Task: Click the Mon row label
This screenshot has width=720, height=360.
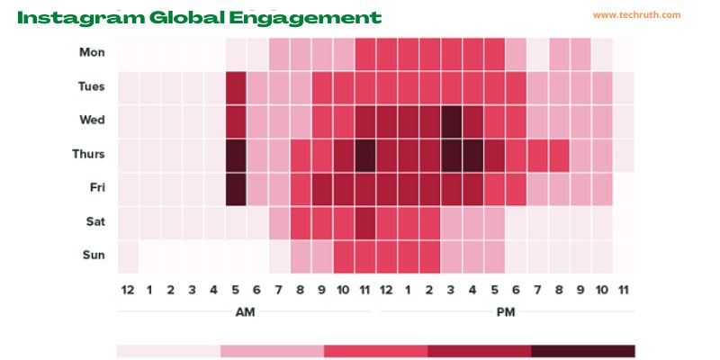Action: (92, 52)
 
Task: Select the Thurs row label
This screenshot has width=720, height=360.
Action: (88, 154)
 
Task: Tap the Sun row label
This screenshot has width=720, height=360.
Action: (94, 255)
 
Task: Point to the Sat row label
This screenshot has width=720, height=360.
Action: (95, 221)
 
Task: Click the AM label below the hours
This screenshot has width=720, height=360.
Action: (245, 312)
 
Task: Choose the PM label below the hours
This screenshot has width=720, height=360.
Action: (506, 312)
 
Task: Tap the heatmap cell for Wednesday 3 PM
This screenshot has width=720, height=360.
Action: (451, 121)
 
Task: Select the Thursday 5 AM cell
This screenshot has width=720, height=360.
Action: (236, 156)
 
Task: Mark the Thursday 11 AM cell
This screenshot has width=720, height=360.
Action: (365, 156)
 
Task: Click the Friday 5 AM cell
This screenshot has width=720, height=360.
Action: (236, 189)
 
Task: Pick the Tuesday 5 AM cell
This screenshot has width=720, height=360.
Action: (236, 87)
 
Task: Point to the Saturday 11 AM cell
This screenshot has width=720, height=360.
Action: (365, 223)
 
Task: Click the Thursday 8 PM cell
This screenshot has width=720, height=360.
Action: (559, 156)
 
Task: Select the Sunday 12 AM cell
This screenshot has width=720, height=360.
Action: (128, 256)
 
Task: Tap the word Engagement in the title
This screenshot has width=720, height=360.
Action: (305, 18)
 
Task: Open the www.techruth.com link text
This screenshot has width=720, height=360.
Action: (636, 15)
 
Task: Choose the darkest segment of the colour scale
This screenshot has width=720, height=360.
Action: (583, 351)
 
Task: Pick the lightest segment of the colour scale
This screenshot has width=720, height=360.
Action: (168, 351)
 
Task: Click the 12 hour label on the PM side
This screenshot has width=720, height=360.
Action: (386, 290)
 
